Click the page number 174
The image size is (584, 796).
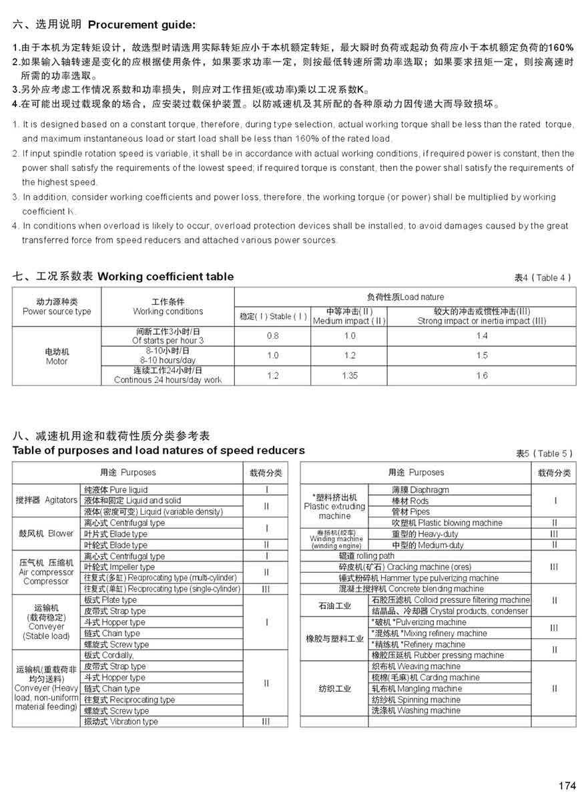(x=566, y=785)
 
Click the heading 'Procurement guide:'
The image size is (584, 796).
(x=141, y=25)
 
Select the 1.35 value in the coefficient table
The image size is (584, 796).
(x=350, y=376)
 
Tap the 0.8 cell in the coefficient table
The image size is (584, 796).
(x=272, y=336)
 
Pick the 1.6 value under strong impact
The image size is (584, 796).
(x=481, y=376)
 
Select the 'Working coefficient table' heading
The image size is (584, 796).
(x=166, y=276)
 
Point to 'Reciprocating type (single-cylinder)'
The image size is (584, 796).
(x=162, y=589)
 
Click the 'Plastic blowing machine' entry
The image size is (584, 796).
(x=447, y=523)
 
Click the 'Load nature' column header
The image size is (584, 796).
(x=405, y=297)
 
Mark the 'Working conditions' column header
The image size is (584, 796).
(x=168, y=307)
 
